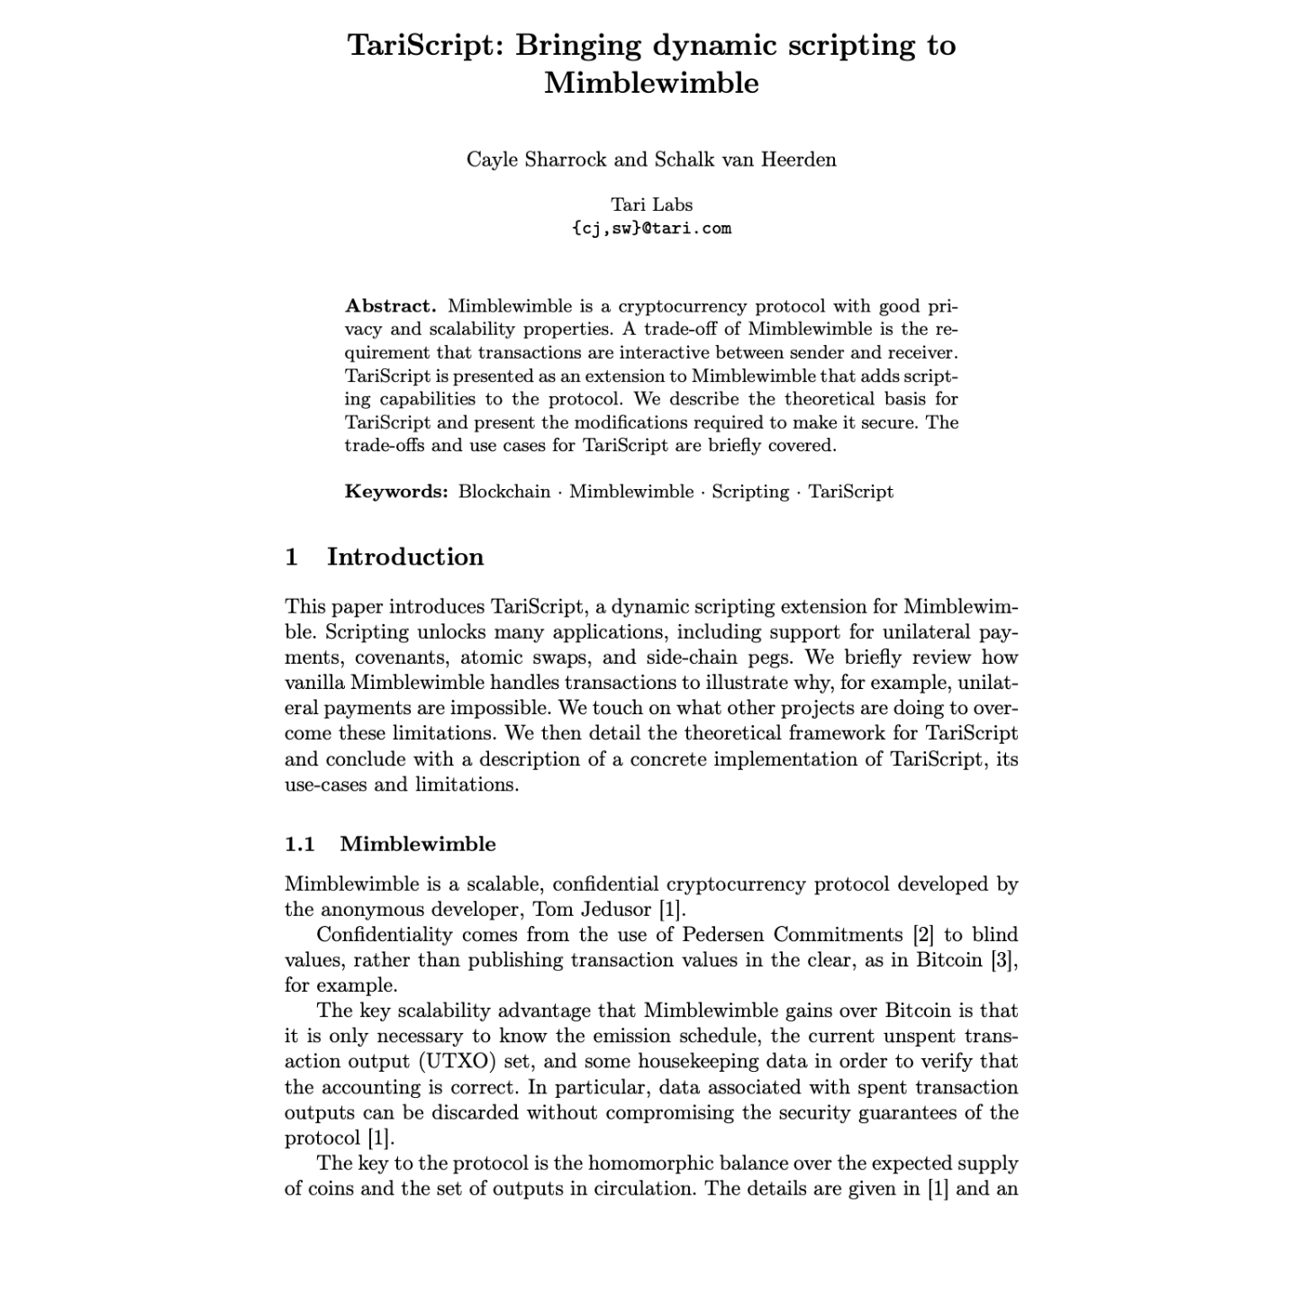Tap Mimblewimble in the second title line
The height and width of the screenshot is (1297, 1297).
click(651, 84)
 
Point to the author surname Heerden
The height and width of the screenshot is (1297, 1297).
click(798, 160)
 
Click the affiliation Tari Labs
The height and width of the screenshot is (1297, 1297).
click(651, 204)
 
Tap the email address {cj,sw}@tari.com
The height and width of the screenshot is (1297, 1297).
click(651, 229)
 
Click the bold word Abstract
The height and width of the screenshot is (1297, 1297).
click(390, 306)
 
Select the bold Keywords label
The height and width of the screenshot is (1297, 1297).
click(396, 492)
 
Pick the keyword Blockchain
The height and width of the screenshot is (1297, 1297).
click(503, 492)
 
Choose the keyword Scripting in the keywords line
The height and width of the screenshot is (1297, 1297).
click(749, 492)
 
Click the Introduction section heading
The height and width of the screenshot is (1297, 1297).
click(404, 557)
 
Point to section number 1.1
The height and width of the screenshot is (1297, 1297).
click(300, 844)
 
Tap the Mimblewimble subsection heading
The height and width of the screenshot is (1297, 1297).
click(418, 844)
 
